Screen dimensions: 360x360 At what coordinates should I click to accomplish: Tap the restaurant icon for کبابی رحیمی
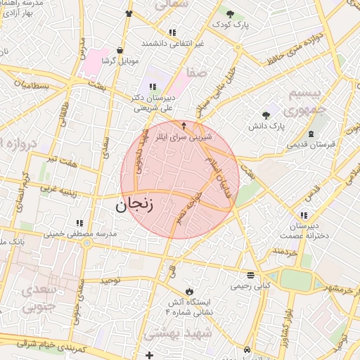[250, 275]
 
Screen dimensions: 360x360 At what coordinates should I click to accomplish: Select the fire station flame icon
[188, 291]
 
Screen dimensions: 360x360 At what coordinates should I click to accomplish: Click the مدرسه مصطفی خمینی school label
[80, 233]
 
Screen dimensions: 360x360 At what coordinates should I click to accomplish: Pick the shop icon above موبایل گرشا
[121, 51]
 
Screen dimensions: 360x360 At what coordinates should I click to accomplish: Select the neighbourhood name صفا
[197, 72]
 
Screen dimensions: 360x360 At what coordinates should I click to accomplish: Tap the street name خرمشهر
[343, 289]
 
